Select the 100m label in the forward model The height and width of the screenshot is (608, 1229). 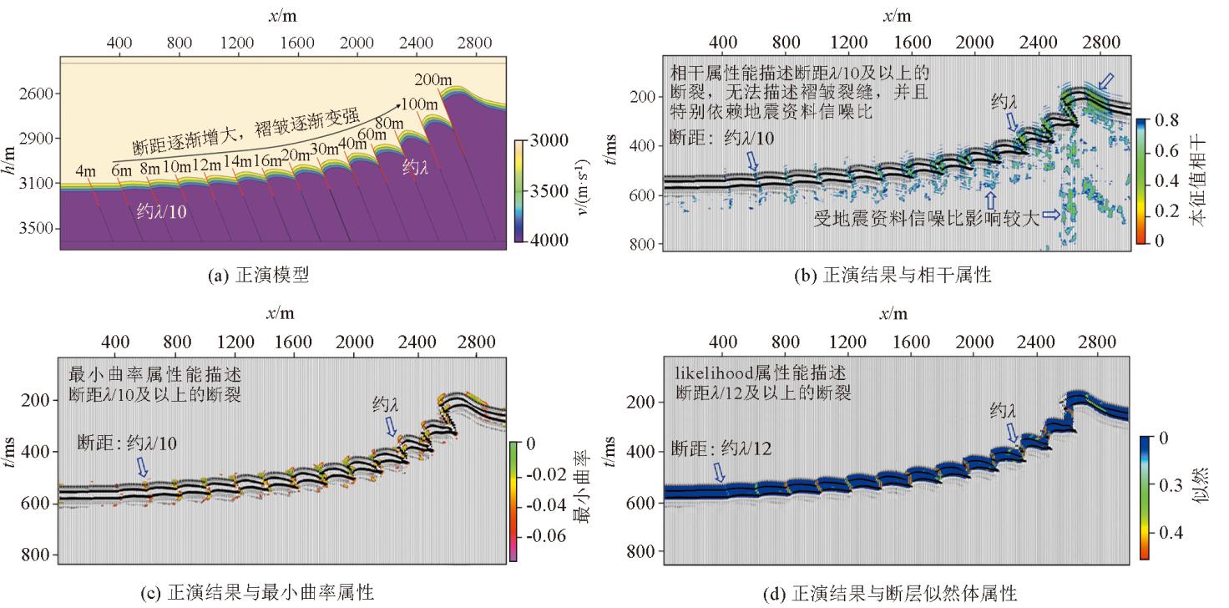pyautogui.click(x=420, y=105)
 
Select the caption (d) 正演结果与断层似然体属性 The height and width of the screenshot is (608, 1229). pyautogui.click(x=893, y=594)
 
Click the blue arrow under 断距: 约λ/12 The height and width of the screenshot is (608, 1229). pyautogui.click(x=719, y=473)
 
